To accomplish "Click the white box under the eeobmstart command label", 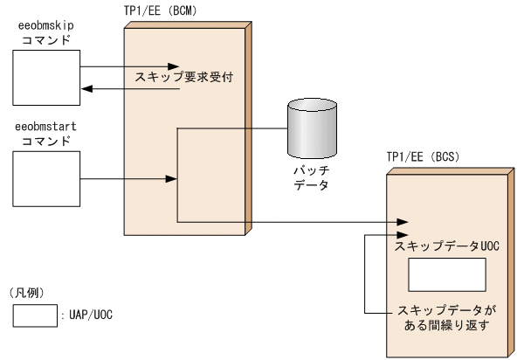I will [45, 181].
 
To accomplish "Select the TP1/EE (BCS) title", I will [423, 157].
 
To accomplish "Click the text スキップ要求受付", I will [184, 78].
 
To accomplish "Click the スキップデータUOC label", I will [446, 247].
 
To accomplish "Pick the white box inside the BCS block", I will [446, 277].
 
